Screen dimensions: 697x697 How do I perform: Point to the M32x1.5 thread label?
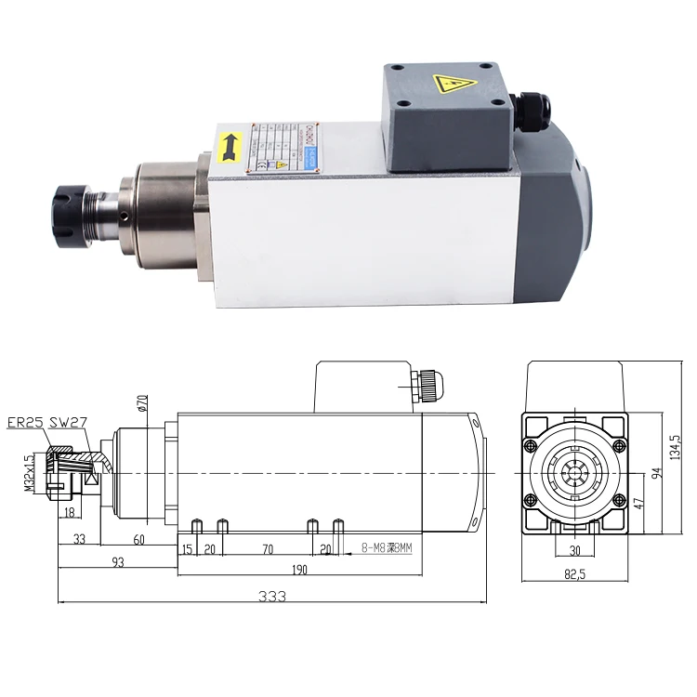point(29,473)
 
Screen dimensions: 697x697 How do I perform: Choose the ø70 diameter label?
point(142,402)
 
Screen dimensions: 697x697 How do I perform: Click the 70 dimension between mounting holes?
point(267,550)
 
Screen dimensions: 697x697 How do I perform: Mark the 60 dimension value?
point(139,538)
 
